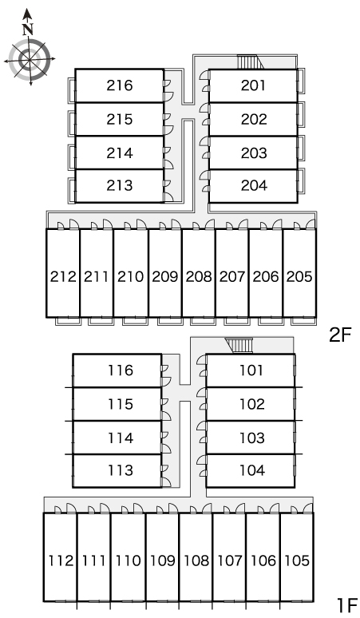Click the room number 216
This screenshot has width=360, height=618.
click(120, 85)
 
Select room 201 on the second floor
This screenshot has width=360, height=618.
click(253, 86)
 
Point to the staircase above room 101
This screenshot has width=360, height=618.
click(239, 345)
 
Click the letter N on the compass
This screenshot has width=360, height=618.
click(27, 30)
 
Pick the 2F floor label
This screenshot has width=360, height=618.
click(339, 335)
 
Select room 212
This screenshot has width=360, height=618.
click(63, 273)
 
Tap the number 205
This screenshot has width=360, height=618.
click(299, 277)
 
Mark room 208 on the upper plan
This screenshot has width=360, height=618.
click(199, 273)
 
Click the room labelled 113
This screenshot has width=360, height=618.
click(117, 470)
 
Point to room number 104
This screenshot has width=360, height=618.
click(252, 470)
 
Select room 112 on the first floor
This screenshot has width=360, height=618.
click(60, 557)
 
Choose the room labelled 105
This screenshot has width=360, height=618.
click(297, 557)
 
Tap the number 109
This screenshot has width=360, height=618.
click(163, 561)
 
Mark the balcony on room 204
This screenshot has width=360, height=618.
click(301, 180)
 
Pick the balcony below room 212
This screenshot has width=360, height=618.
click(68, 321)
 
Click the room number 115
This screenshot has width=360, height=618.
click(121, 404)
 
